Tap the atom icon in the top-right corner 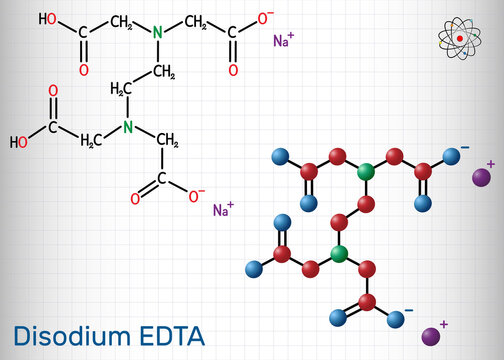pos(459,40)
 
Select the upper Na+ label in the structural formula pos(284,41)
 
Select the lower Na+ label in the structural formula pos(223,209)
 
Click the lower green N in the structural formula pos(128,126)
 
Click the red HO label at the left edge pos(18,142)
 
